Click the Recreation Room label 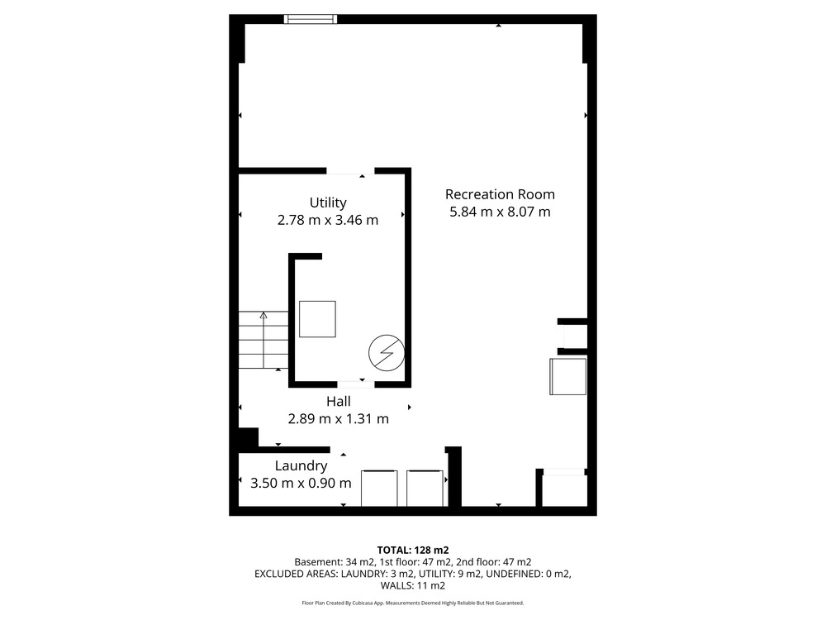click(x=500, y=194)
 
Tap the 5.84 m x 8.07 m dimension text click(x=500, y=212)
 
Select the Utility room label click(x=328, y=203)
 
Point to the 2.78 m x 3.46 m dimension click(x=328, y=220)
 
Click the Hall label click(x=338, y=401)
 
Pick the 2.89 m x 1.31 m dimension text click(x=338, y=418)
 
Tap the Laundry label click(x=301, y=466)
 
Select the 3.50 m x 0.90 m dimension click(x=301, y=483)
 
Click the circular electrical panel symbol click(x=386, y=353)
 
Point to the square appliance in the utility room click(x=318, y=319)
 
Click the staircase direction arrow click(x=263, y=340)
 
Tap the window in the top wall click(x=311, y=19)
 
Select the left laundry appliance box click(x=379, y=489)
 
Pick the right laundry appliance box click(x=425, y=489)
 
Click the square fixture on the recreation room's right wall click(x=568, y=376)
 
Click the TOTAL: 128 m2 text click(x=413, y=551)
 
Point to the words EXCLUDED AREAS click(x=295, y=574)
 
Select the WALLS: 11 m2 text click(x=413, y=586)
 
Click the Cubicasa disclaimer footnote click(x=413, y=603)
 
